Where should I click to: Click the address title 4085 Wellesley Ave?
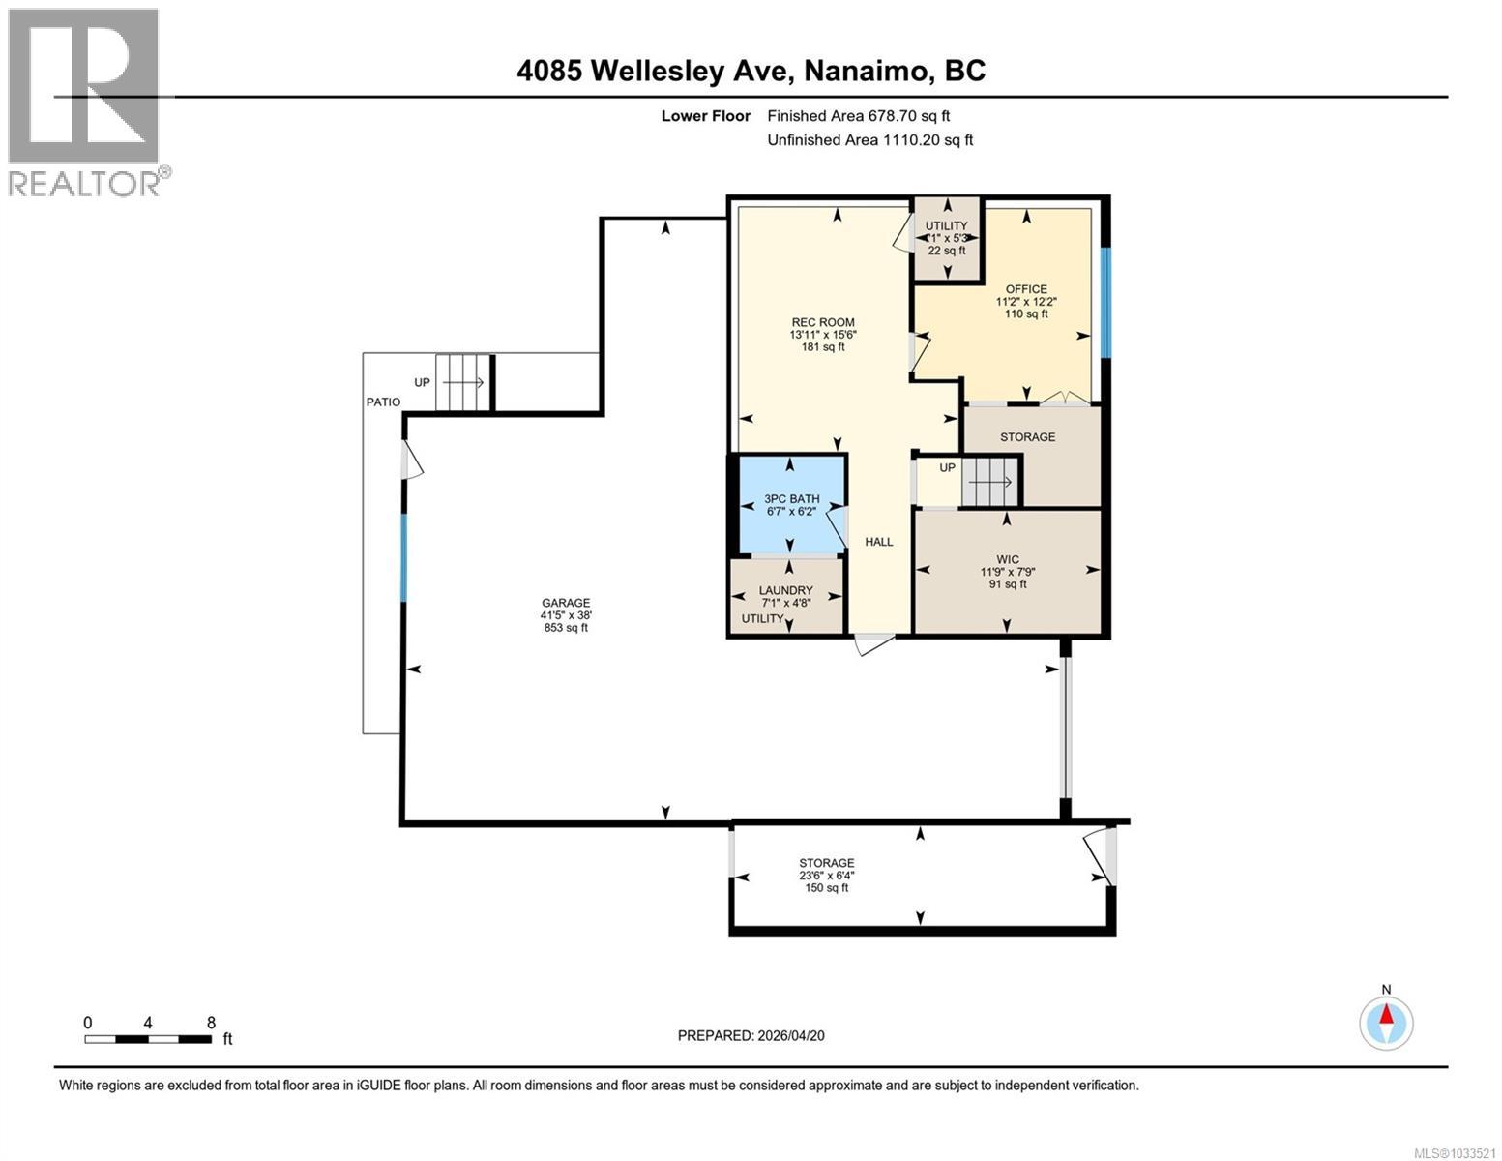[x=751, y=71]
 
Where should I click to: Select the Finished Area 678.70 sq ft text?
[x=859, y=116]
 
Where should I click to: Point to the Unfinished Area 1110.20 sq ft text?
[x=869, y=140]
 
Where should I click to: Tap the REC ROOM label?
[x=822, y=323]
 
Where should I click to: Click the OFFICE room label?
[x=1025, y=289]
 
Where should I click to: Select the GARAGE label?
[x=565, y=603]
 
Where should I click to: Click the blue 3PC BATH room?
[x=791, y=505]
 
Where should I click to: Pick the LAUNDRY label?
[x=785, y=590]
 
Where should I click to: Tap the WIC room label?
[x=1008, y=559]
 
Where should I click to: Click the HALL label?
[x=878, y=542]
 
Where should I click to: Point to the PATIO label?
[x=383, y=402]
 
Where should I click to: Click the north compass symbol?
[x=1386, y=1022]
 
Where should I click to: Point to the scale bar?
[x=148, y=1039]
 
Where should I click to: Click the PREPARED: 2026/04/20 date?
[x=751, y=1035]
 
